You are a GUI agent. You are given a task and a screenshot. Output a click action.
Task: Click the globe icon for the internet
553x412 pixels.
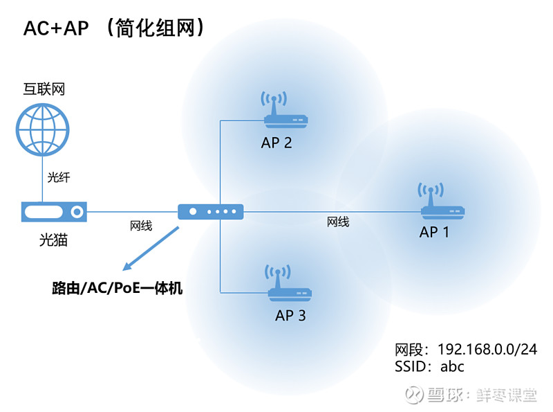tap(44, 129)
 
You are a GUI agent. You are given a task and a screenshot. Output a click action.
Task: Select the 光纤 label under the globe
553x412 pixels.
tap(58, 177)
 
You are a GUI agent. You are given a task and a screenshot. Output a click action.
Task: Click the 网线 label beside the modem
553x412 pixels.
tap(141, 225)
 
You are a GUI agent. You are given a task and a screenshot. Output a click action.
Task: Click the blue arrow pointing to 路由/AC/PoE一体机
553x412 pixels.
tap(148, 247)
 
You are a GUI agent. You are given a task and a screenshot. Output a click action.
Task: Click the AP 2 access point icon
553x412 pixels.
tap(285, 114)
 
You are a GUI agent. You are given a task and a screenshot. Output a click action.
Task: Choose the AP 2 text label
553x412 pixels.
tap(276, 143)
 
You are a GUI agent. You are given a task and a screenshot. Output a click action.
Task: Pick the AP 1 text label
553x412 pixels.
tap(434, 232)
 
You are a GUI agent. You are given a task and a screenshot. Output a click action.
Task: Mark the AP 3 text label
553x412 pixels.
tap(290, 316)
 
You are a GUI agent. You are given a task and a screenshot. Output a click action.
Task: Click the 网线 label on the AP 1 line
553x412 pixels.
tap(338, 222)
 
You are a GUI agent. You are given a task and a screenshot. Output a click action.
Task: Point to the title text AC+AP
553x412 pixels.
tap(57, 28)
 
